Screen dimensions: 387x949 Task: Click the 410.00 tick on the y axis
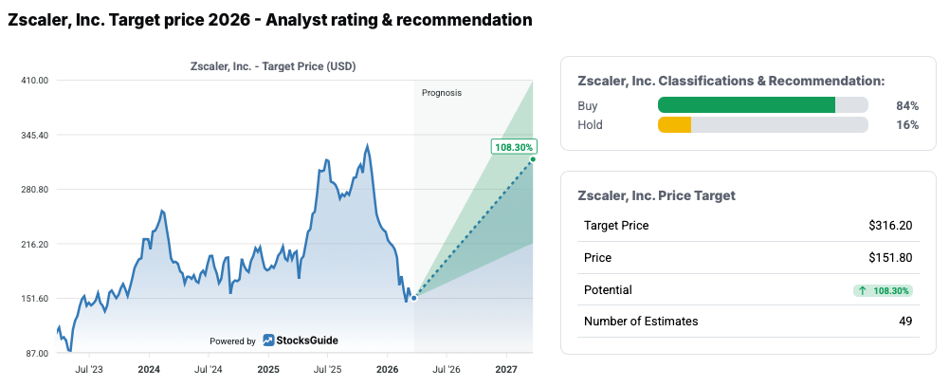tap(34, 81)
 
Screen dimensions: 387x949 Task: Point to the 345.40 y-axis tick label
tap(34, 136)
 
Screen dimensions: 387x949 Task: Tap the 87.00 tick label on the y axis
tap(36, 353)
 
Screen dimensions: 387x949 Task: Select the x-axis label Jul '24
tap(209, 368)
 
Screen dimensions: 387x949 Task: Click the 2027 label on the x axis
tap(506, 368)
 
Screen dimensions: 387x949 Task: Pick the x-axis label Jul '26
tap(447, 368)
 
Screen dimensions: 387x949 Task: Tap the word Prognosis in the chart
tap(442, 93)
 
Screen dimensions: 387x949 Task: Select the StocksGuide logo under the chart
tap(301, 341)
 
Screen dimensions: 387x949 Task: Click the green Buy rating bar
tap(746, 105)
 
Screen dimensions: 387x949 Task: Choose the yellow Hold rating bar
tap(674, 124)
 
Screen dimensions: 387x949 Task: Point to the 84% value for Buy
tap(907, 105)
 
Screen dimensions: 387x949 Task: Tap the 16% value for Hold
tap(907, 124)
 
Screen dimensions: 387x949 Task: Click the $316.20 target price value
tap(890, 225)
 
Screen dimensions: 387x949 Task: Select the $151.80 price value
tap(890, 257)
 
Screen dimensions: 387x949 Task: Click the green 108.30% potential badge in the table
tap(882, 289)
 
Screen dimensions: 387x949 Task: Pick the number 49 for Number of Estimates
tap(905, 322)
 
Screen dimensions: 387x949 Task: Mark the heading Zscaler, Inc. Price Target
tap(656, 195)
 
